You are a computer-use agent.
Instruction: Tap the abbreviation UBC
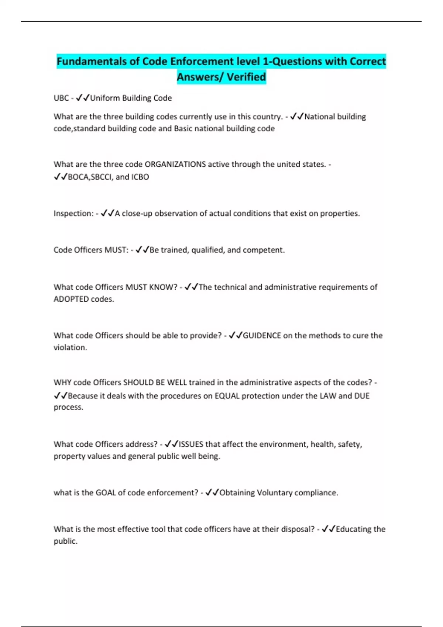click(61, 98)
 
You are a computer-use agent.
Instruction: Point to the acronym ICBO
click(140, 177)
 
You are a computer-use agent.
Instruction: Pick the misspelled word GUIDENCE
click(262, 336)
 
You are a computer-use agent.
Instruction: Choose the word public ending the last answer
click(65, 541)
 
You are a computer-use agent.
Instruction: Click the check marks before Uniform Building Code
click(83, 98)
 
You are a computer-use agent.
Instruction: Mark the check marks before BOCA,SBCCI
click(61, 177)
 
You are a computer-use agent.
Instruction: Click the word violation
click(70, 347)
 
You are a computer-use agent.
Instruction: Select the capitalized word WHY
click(62, 382)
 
